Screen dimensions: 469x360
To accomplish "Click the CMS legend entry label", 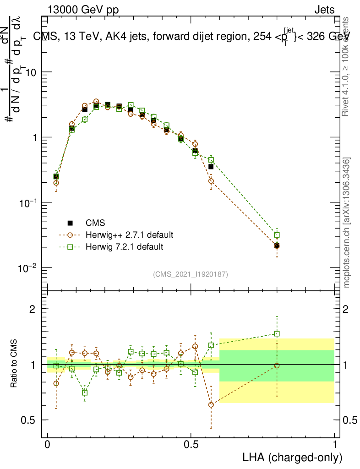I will click(x=95, y=223).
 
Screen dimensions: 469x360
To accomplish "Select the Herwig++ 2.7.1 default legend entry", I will click(x=129, y=235).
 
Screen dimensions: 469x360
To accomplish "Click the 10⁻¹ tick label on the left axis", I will click(x=27, y=202).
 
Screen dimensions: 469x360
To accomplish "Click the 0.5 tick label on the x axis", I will click(x=191, y=445).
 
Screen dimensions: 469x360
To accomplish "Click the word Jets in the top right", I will click(x=324, y=9).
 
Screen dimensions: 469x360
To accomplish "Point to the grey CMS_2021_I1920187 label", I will click(x=191, y=274).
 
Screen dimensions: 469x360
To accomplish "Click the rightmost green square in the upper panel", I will click(x=277, y=235).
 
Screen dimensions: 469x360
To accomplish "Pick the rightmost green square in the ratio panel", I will click(x=277, y=334).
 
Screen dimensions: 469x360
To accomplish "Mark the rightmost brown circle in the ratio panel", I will click(x=277, y=365).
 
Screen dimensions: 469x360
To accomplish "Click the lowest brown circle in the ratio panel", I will click(x=211, y=405).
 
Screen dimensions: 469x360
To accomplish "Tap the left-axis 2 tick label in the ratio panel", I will click(x=33, y=309).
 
